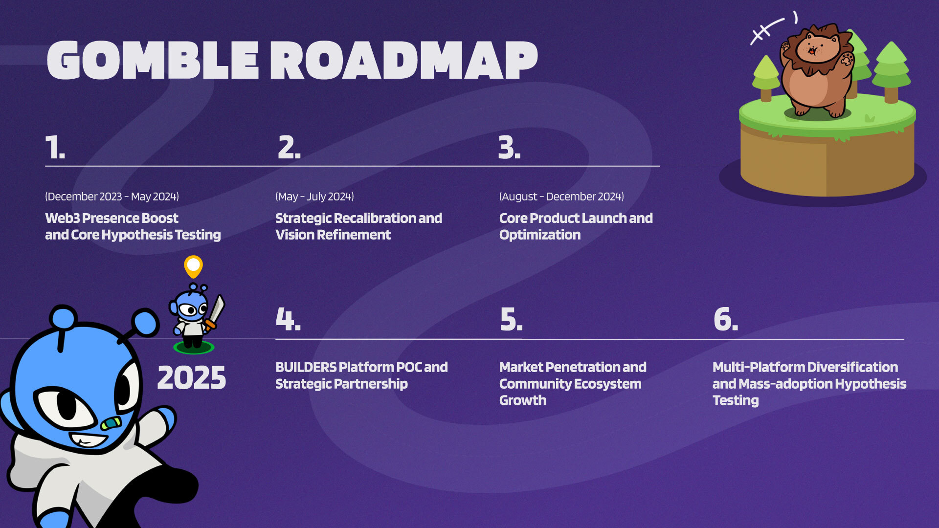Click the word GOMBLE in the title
(x=153, y=60)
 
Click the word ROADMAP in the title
(x=404, y=60)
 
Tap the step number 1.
(x=55, y=147)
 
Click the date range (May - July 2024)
(x=314, y=197)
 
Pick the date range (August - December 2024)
(x=561, y=197)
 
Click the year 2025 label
(x=192, y=378)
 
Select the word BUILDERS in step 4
(x=306, y=367)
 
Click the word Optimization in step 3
(x=540, y=235)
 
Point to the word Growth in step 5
(x=523, y=400)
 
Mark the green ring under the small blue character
(x=194, y=348)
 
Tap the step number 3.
(x=509, y=147)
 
